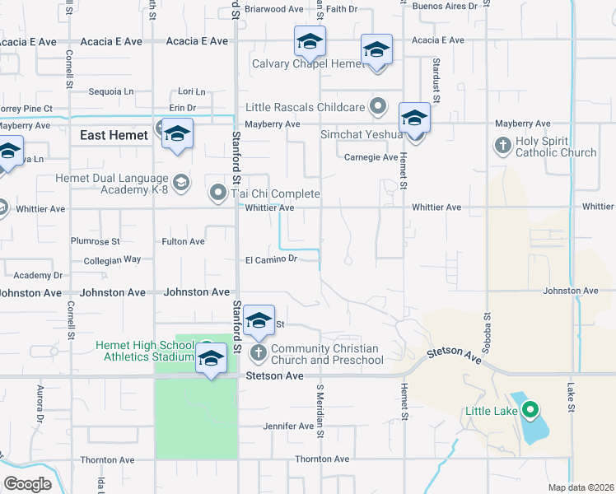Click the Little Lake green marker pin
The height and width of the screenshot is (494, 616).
point(530,409)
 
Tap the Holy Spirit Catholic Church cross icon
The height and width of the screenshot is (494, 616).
point(502,146)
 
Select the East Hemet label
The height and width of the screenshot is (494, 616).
point(114,135)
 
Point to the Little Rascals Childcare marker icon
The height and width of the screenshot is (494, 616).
point(378,106)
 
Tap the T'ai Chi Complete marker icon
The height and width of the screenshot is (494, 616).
point(218,193)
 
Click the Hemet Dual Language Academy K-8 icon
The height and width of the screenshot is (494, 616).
point(180,181)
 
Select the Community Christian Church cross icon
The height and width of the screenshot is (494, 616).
point(258,353)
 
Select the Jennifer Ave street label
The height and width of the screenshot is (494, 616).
point(288,426)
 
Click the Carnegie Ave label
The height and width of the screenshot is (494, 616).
point(371,156)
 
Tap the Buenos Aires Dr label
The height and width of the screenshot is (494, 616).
point(446,6)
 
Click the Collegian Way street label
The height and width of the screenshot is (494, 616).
point(113,259)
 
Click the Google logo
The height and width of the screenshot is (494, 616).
point(27,484)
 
